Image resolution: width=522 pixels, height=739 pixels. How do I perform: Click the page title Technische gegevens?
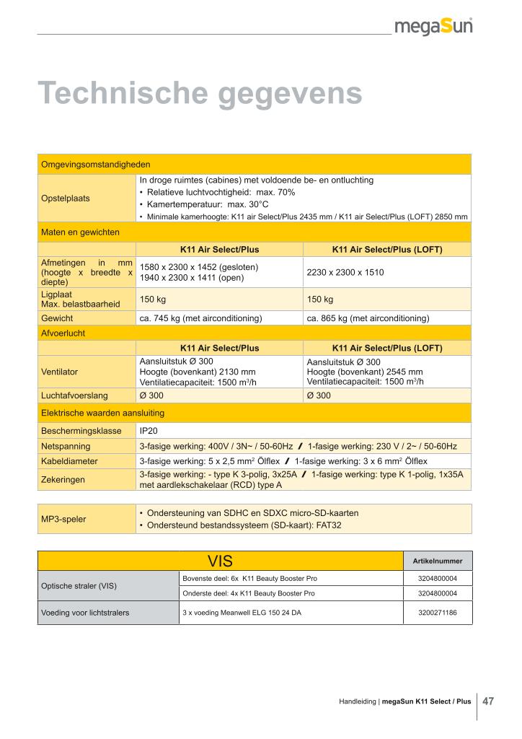[200, 93]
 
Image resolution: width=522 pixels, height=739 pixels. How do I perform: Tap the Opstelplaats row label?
[66, 198]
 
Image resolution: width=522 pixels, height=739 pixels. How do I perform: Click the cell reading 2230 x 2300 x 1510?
[345, 273]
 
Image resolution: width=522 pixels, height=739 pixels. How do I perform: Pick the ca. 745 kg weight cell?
[200, 318]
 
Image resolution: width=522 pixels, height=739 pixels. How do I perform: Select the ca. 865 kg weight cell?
[368, 318]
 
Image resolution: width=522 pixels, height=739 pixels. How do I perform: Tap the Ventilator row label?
[60, 372]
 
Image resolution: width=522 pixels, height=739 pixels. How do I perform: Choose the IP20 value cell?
[149, 430]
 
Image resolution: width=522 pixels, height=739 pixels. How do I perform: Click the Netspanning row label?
[65, 446]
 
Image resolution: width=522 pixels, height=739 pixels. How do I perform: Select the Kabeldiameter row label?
[69, 460]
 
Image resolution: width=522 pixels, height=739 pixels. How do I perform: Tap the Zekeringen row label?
[63, 479]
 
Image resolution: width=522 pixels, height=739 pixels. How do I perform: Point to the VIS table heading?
[220, 561]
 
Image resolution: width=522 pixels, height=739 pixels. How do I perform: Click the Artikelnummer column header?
[437, 561]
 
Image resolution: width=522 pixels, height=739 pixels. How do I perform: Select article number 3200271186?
[437, 613]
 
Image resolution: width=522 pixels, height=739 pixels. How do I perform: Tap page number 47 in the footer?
[488, 700]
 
